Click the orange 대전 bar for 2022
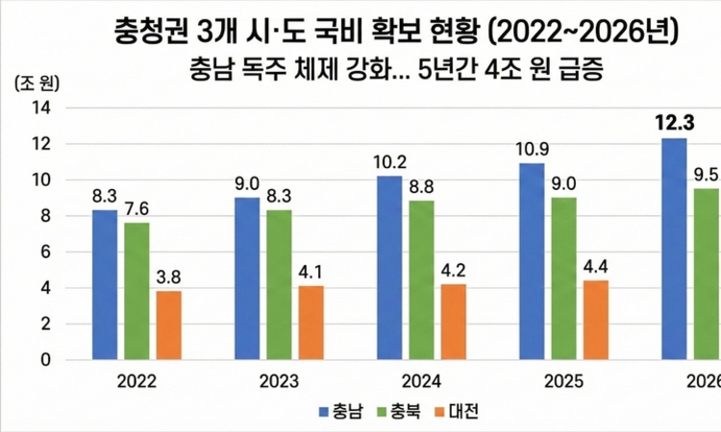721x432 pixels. click(169, 325)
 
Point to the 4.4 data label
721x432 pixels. click(595, 267)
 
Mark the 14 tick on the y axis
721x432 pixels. click(40, 108)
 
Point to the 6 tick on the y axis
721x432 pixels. click(45, 252)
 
